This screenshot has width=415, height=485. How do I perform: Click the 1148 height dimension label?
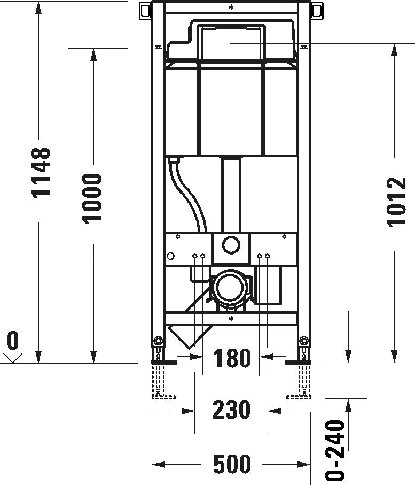[41, 172]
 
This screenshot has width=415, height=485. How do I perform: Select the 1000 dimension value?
[92, 198]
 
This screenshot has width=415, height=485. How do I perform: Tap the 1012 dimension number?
[396, 201]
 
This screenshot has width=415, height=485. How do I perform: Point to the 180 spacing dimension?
[232, 358]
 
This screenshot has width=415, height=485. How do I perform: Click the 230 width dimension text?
[231, 410]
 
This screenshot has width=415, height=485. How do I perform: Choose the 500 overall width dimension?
[232, 464]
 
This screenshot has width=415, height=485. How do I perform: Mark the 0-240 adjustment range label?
[335, 450]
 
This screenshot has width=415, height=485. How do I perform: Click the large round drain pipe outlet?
[230, 289]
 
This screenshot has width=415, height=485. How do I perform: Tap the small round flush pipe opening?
[231, 245]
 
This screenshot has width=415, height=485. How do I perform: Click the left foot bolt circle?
[158, 341]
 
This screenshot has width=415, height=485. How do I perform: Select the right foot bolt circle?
[304, 341]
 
